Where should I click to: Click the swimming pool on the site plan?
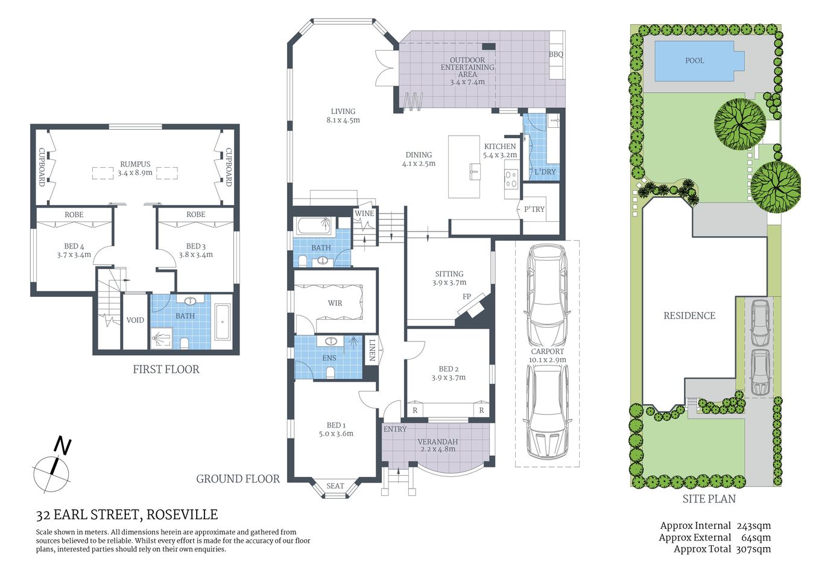pos(695,61)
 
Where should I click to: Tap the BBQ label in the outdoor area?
pos(555,54)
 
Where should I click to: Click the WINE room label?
pos(364,214)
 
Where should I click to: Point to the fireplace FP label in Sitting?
pos(466,297)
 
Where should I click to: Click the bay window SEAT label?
pos(335,486)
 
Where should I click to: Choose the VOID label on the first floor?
pos(135,320)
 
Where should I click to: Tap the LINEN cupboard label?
pos(372,350)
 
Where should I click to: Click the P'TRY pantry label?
pos(534,209)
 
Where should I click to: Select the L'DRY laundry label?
pos(545,172)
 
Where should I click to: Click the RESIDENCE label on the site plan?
pos(689,315)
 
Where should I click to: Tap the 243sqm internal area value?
pos(753,526)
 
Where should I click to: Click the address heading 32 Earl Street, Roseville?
pos(127,515)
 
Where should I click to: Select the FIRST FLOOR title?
pos(166,369)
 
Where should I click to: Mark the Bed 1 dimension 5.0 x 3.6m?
pos(336,434)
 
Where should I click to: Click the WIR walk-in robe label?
pos(335,303)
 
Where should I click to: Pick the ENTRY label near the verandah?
pos(395,429)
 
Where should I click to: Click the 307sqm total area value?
pos(753,549)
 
